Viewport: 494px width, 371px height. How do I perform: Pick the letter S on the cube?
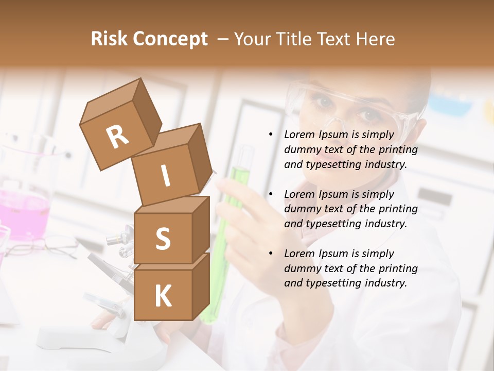[x=163, y=239]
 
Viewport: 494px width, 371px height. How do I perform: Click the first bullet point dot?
[x=271, y=135]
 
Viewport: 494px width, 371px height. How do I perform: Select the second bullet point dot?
[x=271, y=194]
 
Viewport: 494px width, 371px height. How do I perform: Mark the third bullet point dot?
[x=271, y=254]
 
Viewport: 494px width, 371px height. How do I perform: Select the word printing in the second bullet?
[x=398, y=209]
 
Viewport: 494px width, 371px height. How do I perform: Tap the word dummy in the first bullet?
[x=302, y=150]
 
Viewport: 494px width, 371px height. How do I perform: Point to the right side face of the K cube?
[x=201, y=286]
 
